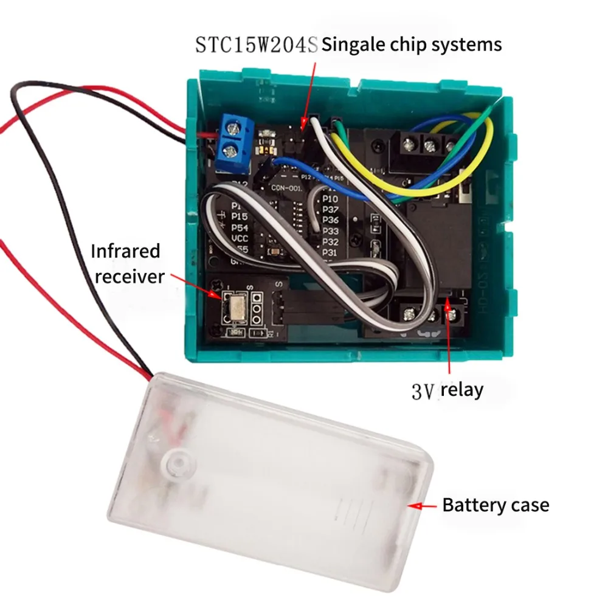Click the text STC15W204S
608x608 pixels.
coord(257,45)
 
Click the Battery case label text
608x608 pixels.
coord(496,505)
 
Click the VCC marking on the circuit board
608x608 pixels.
coord(241,239)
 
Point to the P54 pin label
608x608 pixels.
coord(240,227)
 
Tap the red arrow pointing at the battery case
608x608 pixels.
coord(423,505)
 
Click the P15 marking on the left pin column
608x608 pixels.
coord(240,217)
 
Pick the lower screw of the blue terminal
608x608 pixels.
coord(233,150)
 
